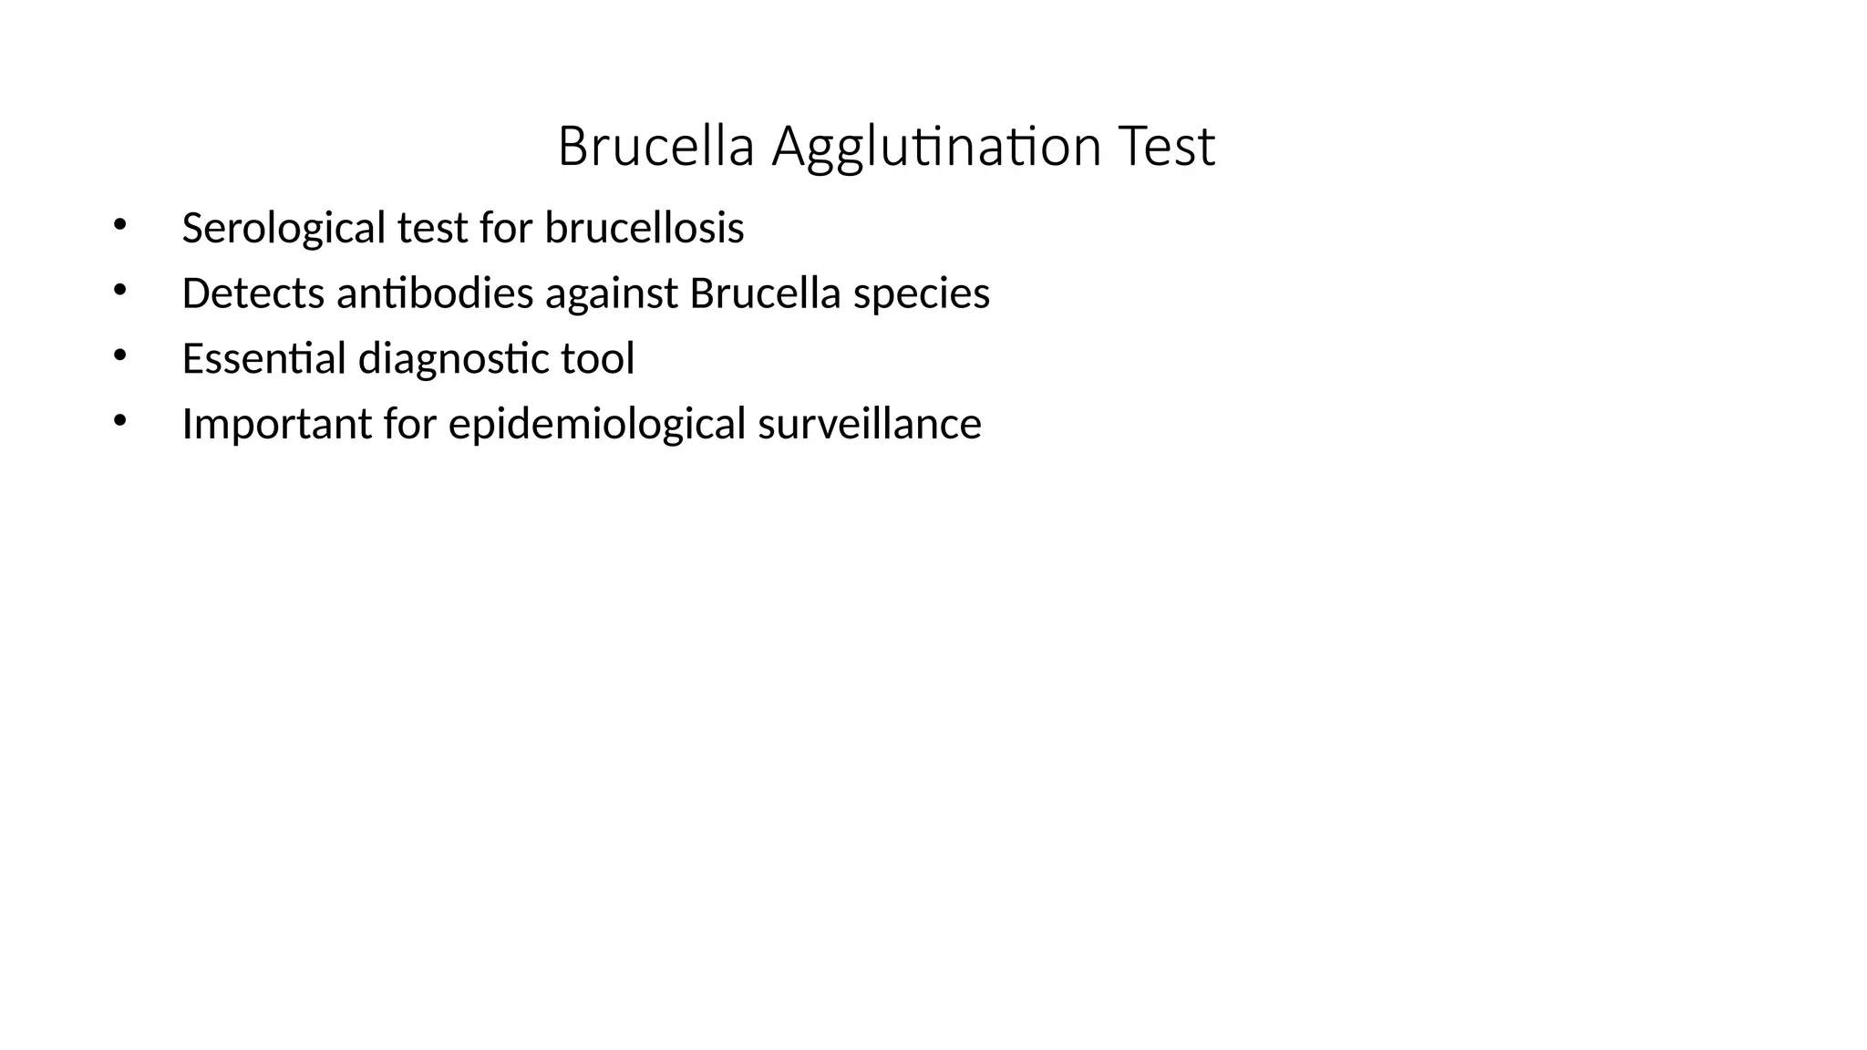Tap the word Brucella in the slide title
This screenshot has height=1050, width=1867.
tap(655, 147)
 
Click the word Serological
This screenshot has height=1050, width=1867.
tap(284, 228)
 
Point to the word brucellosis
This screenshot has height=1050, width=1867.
tap(645, 228)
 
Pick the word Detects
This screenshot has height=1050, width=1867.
tap(253, 293)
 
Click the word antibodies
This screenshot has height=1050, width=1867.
tap(435, 293)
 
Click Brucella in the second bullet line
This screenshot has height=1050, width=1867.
tap(765, 293)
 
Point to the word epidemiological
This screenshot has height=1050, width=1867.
tap(597, 424)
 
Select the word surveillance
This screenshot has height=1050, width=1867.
tap(870, 424)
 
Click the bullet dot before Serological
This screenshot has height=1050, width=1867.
tap(119, 224)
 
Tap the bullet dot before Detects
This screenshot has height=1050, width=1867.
tap(119, 290)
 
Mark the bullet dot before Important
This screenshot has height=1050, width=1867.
tap(119, 420)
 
